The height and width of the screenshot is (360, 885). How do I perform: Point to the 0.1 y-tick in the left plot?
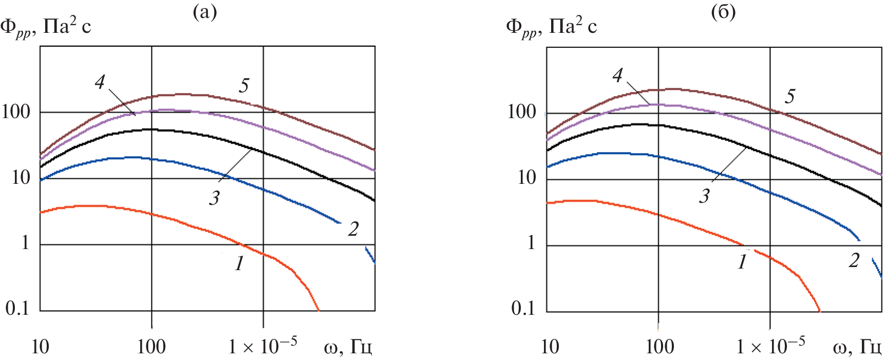click(x=18, y=308)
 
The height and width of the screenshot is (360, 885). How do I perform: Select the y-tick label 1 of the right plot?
click(x=531, y=242)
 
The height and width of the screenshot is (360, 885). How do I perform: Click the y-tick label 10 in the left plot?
click(x=21, y=178)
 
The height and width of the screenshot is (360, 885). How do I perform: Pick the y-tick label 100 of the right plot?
click(x=522, y=112)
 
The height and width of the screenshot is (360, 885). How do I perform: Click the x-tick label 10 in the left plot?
click(x=40, y=347)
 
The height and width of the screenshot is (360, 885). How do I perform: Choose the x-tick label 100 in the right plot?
click(x=660, y=347)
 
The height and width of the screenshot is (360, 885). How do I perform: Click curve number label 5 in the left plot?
click(x=244, y=86)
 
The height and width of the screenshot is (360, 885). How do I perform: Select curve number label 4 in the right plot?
click(x=618, y=76)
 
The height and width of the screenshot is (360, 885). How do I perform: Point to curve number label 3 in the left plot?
click(x=214, y=198)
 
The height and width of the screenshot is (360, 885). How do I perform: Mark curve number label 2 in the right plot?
click(x=854, y=261)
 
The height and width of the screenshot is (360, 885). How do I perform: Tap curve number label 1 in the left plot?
click(x=239, y=263)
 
